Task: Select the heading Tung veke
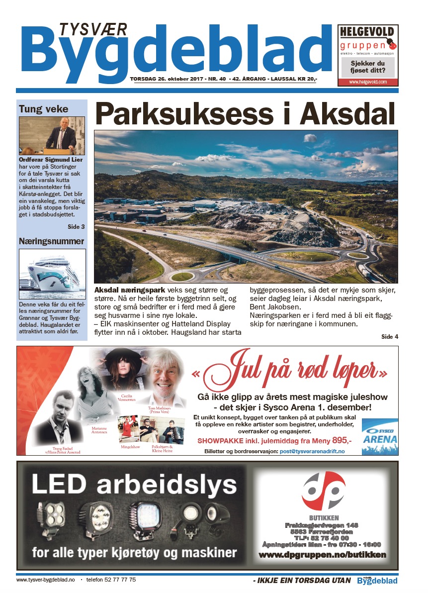[43, 109]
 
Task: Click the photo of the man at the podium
[52, 136]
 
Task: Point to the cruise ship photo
[52, 274]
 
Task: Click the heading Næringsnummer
[51, 241]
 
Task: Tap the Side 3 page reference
[76, 227]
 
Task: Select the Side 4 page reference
[390, 337]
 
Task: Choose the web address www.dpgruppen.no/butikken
[323, 555]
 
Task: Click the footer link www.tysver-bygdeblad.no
[45, 580]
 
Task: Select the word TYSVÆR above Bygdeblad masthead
[93, 29]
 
